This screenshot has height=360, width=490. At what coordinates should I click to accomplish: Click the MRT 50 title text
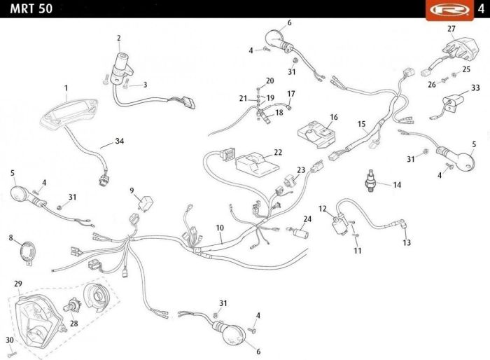click(31, 8)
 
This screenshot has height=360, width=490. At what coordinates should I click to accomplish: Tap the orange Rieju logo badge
click(449, 10)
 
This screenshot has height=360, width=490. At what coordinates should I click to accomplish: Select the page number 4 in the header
click(482, 9)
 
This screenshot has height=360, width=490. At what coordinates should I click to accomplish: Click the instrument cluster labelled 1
click(69, 112)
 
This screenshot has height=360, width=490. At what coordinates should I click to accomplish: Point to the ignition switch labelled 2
click(122, 68)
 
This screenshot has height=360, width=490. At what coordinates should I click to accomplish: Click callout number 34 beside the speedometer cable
click(120, 141)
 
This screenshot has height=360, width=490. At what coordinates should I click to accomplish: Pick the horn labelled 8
click(28, 252)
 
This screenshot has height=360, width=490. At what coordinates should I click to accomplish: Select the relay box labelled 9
click(146, 202)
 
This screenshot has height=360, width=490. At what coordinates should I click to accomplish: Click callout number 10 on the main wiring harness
click(220, 228)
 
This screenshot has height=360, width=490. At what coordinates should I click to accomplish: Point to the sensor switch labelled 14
click(371, 181)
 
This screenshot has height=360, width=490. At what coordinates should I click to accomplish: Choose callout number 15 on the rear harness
click(362, 124)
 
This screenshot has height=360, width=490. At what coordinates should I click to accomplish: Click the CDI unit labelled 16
click(316, 134)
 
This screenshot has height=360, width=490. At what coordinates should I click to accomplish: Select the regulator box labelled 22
click(257, 163)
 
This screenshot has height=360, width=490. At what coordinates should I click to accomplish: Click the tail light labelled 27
click(459, 50)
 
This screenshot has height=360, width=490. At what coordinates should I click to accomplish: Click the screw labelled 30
click(11, 354)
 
